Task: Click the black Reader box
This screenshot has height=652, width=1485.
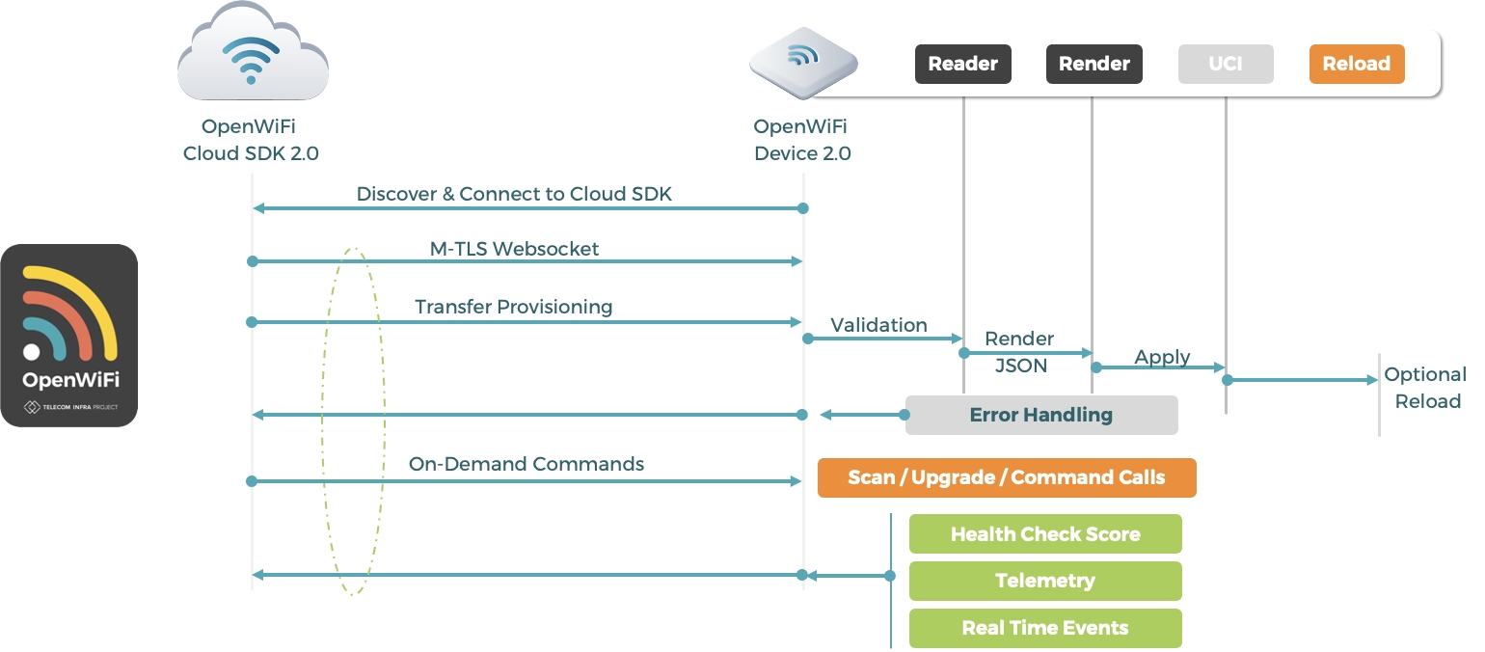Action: coord(962,65)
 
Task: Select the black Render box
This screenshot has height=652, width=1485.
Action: coord(1094,65)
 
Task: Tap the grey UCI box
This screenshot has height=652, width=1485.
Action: coord(1226,65)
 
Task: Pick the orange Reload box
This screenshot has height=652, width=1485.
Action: coord(1357,65)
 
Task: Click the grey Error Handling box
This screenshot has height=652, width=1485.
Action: coord(1041,415)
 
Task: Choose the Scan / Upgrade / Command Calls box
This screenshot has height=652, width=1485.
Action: coord(1007,477)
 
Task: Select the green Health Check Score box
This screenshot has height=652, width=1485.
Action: coord(1045,534)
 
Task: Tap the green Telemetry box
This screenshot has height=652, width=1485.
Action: coord(1045,581)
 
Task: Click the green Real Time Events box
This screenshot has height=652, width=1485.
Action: coord(1045,628)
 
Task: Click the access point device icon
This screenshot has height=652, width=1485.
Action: coord(803,64)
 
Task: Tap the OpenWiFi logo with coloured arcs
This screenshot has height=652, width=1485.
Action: coord(69,335)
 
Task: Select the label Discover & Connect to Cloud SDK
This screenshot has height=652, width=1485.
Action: coord(514,194)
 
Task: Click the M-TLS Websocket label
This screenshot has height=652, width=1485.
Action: coord(514,249)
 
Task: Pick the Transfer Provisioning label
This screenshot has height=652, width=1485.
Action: coord(514,307)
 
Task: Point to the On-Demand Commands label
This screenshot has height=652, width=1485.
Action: coord(526,464)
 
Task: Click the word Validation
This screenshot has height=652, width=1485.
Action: coord(879,325)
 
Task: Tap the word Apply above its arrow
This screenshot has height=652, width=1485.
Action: coord(1162,357)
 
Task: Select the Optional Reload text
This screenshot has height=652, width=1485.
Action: coord(1425,388)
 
